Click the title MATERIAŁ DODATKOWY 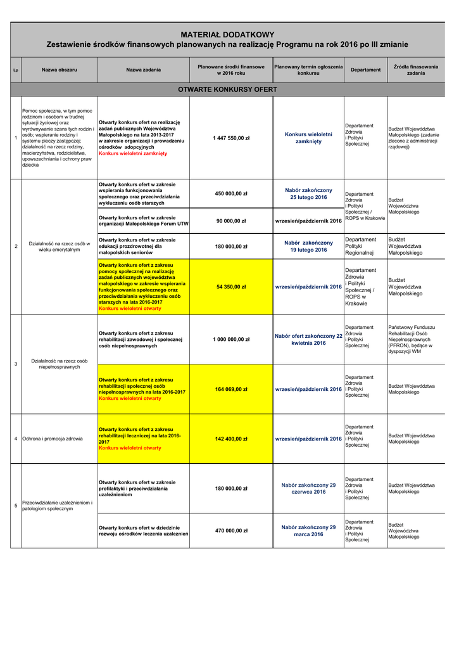click(x=227, y=34)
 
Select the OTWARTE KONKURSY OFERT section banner click(x=227, y=89)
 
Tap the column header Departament click(x=365, y=70)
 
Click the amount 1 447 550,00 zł click(x=231, y=138)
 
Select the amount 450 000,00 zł click(x=231, y=194)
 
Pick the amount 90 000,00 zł click(x=231, y=221)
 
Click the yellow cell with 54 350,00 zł click(x=231, y=287)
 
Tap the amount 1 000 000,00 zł click(x=231, y=339)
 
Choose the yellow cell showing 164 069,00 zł click(x=231, y=389)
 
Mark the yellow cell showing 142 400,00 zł click(x=231, y=439)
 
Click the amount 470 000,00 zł click(x=231, y=530)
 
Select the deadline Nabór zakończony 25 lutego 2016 click(x=308, y=194)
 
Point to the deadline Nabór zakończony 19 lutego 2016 click(x=308, y=247)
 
